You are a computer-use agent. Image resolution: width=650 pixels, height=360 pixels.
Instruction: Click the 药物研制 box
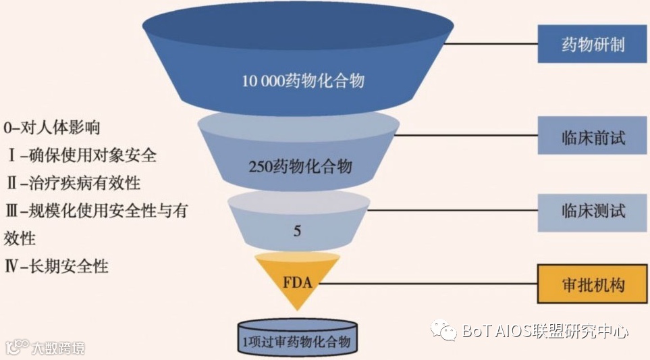pos(593,45)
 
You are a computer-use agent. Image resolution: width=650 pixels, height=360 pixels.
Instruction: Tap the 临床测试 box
pos(593,211)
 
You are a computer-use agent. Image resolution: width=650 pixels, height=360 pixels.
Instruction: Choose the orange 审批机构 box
pos(593,284)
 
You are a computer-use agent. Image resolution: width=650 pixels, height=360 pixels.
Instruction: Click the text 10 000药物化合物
pos(304,81)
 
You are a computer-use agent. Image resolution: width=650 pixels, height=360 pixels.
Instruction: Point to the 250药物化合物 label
pos(299,165)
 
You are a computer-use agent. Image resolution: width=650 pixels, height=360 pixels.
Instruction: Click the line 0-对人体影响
pos(52,126)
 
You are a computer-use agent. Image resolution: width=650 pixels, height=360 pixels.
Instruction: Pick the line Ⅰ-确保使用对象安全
pos(81,155)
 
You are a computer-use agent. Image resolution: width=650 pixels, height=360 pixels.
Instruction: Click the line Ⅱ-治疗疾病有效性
pos(73,182)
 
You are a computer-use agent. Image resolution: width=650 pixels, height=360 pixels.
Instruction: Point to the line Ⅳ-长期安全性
pos(57,266)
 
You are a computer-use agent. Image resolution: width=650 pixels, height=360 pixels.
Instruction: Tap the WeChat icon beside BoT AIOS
pos(445,330)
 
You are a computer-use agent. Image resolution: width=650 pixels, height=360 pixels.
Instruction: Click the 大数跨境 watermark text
pos(58,349)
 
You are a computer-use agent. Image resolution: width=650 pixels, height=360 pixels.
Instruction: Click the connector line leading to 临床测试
pos(452,211)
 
